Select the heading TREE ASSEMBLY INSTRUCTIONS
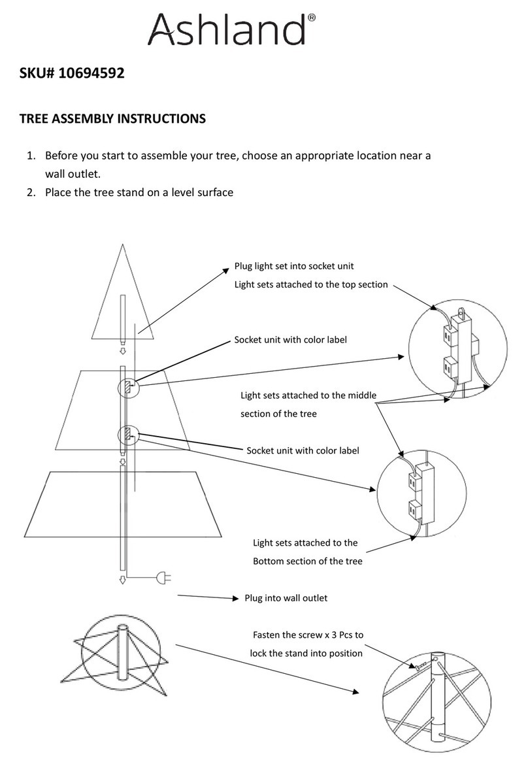tap(112, 119)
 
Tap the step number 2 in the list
tap(31, 193)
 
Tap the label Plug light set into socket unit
tap(294, 267)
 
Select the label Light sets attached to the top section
tap(311, 284)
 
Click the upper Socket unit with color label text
tap(290, 340)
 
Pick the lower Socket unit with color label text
tap(303, 450)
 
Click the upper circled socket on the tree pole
tap(127, 386)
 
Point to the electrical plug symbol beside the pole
tap(162, 578)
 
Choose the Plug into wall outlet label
tap(286, 597)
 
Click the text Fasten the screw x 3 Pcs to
tap(307, 635)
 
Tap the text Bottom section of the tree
tap(307, 561)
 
